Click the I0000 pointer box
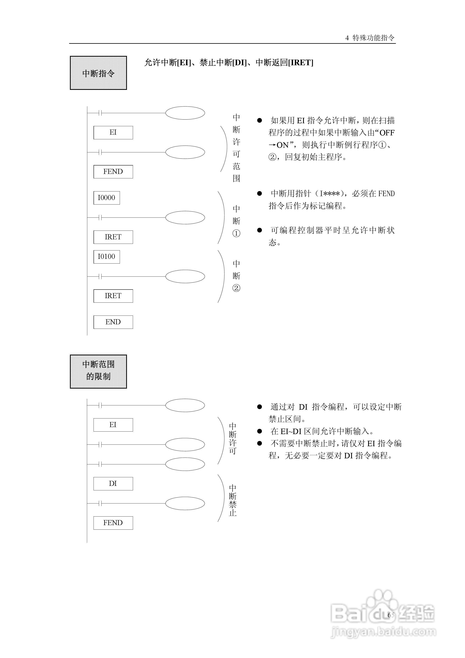(107, 198)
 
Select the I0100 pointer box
(107, 257)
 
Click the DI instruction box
(113, 484)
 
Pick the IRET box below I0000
(113, 237)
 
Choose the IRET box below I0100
(113, 296)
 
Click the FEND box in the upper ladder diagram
(113, 172)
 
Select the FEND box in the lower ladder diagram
(113, 523)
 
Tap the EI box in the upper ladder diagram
(113, 132)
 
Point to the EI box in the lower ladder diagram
(113, 425)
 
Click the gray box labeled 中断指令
(98, 73)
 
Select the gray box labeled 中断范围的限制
(98, 371)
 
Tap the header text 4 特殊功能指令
(370, 38)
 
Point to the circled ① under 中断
(236, 234)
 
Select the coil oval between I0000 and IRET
(185, 218)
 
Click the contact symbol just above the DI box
(100, 464)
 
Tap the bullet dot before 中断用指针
(260, 194)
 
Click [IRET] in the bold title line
(301, 63)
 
